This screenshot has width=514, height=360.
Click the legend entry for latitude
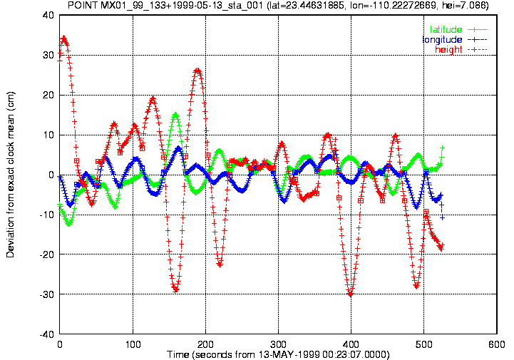point(458,29)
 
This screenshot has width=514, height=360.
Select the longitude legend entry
point(455,40)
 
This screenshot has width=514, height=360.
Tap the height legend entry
point(461,49)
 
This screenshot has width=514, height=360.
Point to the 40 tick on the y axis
point(48,15)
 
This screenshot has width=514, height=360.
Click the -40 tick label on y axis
point(46,334)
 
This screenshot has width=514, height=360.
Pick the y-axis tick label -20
point(46,254)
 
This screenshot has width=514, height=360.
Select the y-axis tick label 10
point(48,135)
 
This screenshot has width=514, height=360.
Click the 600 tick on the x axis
point(497,344)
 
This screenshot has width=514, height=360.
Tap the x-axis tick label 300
point(278,344)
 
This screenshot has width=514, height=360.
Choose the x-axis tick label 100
point(133,344)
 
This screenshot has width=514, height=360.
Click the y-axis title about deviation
point(10,175)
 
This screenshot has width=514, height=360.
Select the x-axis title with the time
point(278,355)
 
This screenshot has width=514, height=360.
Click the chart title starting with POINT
point(278,5)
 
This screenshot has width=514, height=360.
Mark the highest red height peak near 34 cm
point(64,38)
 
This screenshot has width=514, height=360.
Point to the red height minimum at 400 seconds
point(351,294)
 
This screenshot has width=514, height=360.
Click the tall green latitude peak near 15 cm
point(175,115)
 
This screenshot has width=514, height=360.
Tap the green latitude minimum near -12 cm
point(68,225)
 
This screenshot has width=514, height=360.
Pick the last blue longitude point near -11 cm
point(442,217)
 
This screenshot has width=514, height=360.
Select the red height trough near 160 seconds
point(175,290)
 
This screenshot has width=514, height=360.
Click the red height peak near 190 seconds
point(197,70)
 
